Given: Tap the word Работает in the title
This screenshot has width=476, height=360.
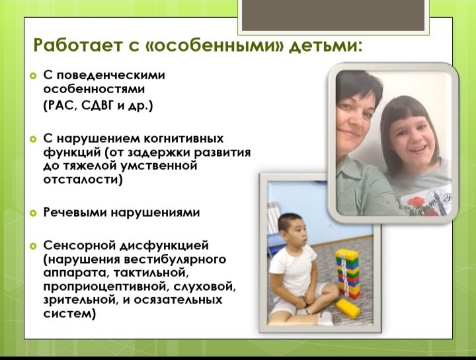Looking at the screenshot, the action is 76,46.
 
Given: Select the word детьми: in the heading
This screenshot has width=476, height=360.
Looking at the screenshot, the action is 325,46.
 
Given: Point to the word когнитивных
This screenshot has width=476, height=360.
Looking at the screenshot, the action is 183,139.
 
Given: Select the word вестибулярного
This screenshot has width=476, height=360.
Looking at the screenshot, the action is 175,260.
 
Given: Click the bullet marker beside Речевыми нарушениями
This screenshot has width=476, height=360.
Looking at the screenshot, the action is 33,213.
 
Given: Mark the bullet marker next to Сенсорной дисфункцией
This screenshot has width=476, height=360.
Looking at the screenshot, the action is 33,246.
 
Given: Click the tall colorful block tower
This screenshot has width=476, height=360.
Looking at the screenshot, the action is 347,273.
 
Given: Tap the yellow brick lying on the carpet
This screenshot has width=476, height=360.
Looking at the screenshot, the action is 348,308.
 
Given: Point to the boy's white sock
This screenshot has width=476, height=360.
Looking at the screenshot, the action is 324,318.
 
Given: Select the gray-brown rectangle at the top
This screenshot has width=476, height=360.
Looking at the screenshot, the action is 333,15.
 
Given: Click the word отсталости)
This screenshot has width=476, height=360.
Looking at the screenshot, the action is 83,180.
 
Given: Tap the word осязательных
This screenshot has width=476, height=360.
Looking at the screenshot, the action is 178,300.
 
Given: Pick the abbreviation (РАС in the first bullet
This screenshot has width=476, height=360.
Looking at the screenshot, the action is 60,106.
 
